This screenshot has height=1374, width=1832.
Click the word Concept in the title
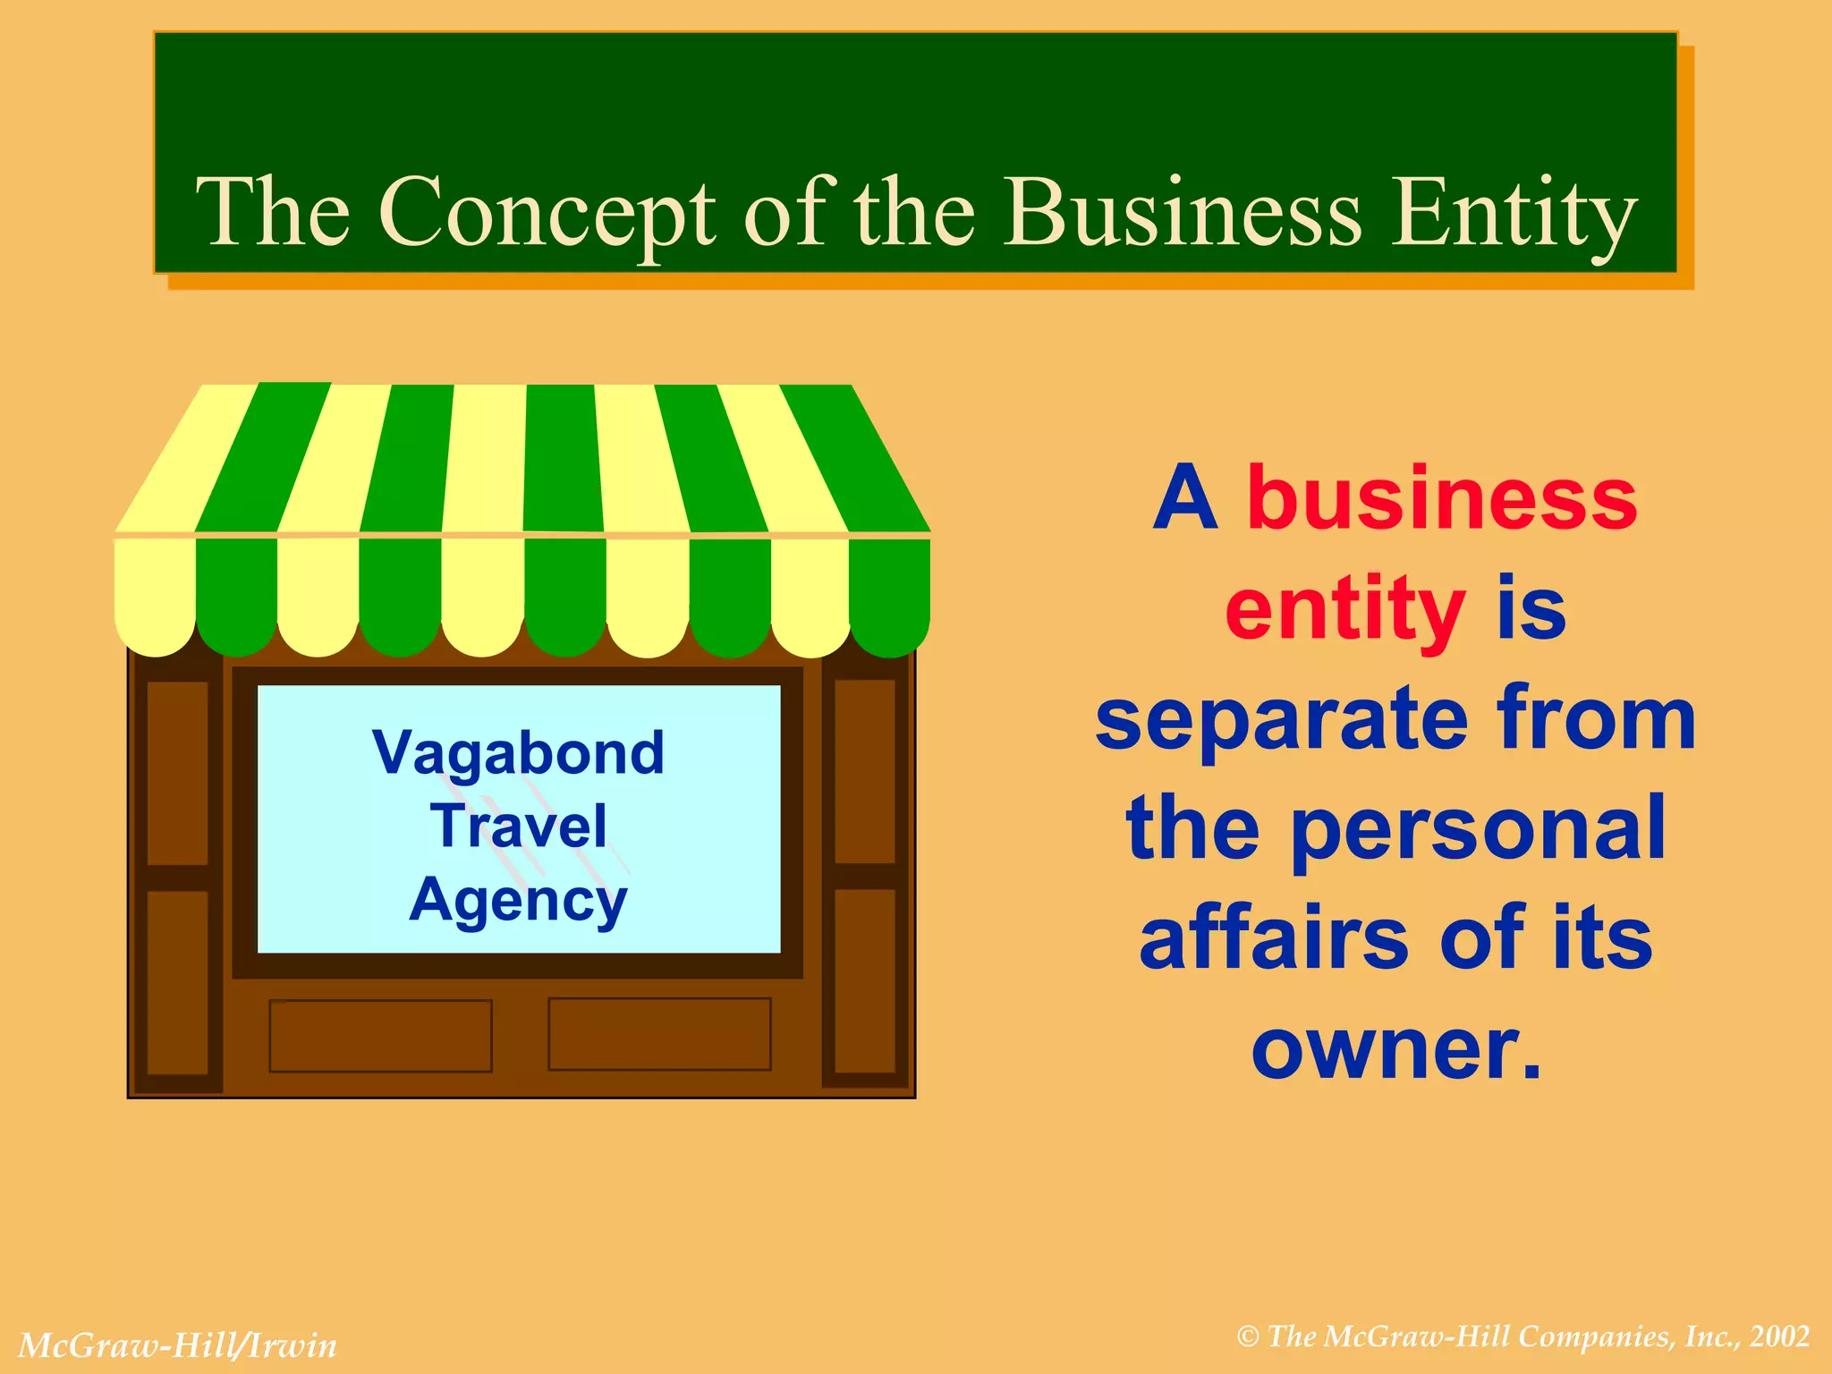(x=547, y=213)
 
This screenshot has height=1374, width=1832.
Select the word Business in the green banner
(x=1182, y=213)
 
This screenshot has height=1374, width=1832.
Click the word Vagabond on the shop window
(x=519, y=753)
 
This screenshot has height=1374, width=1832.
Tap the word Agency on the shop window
(x=519, y=900)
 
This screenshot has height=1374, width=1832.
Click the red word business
(x=1442, y=498)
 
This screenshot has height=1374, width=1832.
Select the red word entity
(x=1344, y=609)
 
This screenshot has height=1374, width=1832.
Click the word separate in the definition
(x=1281, y=720)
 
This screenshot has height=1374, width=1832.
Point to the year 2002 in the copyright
(x=1780, y=1336)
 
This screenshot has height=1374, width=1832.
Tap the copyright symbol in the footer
(x=1248, y=1337)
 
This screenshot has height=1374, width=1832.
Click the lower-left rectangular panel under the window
(x=380, y=1036)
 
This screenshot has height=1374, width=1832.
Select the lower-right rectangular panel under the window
(x=659, y=1034)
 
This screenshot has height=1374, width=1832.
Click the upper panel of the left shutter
(x=177, y=773)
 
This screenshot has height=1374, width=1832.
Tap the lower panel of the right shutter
(x=865, y=980)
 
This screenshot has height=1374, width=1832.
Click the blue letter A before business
(x=1185, y=498)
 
